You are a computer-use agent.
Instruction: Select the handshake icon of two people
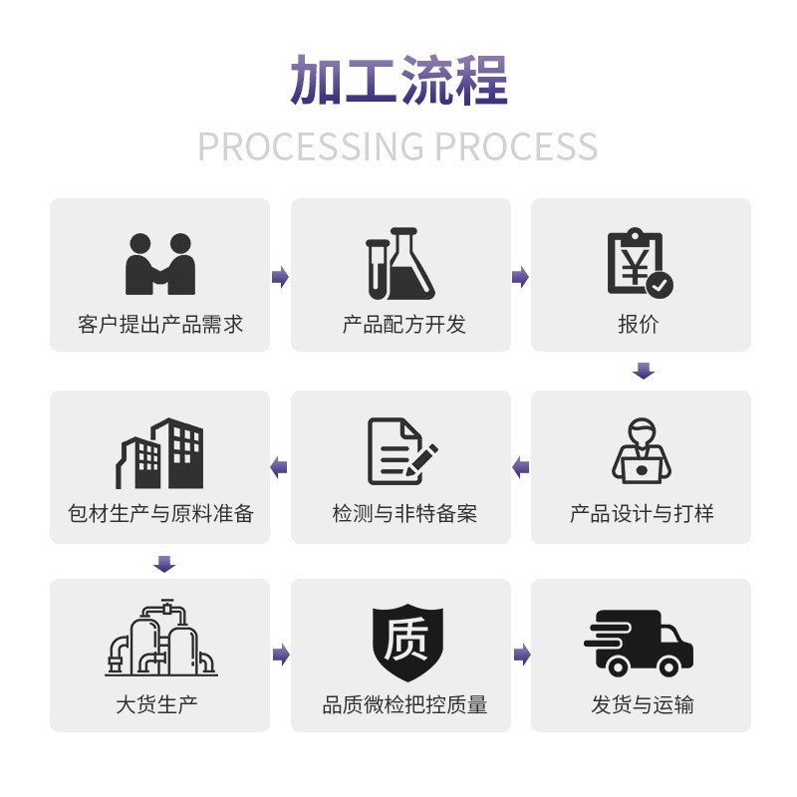[x=159, y=263]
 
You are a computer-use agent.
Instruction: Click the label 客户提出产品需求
[x=159, y=325]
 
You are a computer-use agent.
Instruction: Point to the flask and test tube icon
[x=400, y=264]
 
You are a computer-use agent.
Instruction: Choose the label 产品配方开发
[x=400, y=325]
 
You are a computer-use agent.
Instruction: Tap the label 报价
[x=640, y=325]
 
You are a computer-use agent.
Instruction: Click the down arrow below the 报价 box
[x=644, y=372]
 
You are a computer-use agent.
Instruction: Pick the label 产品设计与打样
[x=641, y=514]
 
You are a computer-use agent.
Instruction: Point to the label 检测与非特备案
[x=401, y=514]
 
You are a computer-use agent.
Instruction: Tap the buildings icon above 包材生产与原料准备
[x=159, y=452]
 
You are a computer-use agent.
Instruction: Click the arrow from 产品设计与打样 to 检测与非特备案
[x=520, y=467]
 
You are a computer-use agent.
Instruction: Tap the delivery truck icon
[x=639, y=643]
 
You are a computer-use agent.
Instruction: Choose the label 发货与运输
[x=641, y=705]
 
